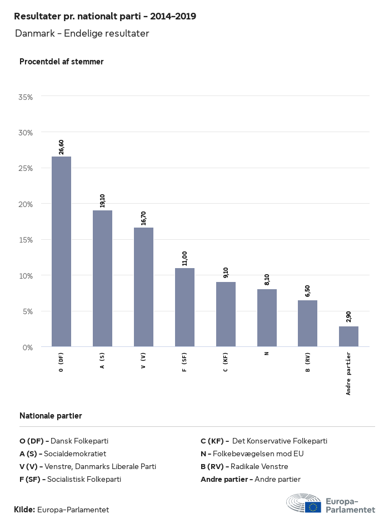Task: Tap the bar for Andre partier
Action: (348, 336)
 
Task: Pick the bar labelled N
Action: (267, 318)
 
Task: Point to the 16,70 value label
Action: (143, 218)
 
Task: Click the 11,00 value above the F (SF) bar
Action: (184, 259)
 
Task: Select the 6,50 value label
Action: (307, 291)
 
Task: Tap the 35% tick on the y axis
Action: (26, 97)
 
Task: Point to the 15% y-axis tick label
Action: (26, 240)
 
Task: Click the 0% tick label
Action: (28, 347)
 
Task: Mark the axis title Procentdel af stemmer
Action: (61, 62)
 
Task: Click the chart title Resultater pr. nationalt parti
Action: (104, 17)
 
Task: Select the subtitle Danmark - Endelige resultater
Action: (82, 34)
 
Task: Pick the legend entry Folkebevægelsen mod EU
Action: (252, 454)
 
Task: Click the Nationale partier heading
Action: (51, 416)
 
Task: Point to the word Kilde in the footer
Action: (24, 509)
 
